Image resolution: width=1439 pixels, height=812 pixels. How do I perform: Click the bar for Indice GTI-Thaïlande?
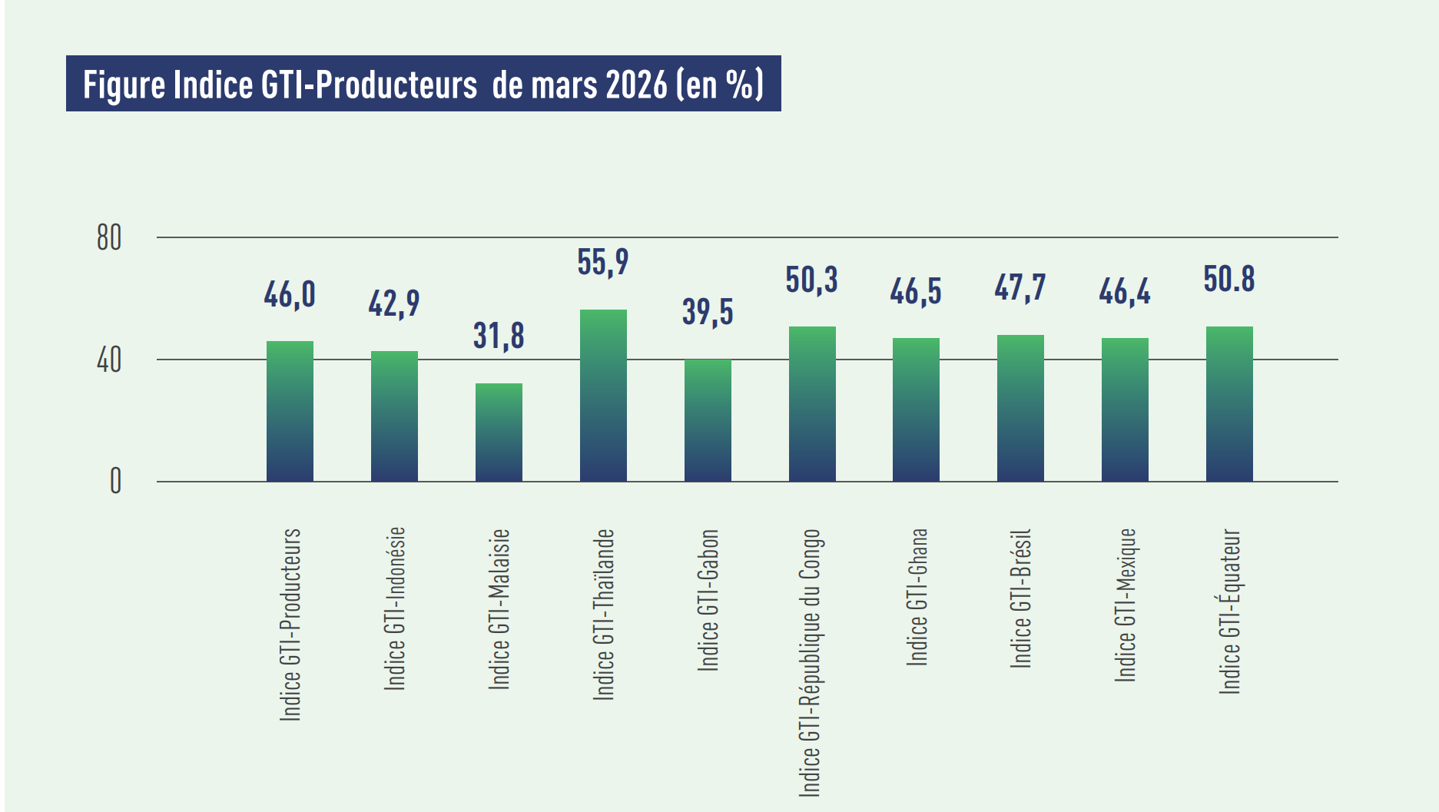(603, 396)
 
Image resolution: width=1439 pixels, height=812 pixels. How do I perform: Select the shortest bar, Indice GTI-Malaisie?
(499, 433)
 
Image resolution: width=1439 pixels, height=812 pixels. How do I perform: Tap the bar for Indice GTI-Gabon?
(708, 420)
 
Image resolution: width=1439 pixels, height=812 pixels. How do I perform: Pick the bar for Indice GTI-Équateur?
(1229, 404)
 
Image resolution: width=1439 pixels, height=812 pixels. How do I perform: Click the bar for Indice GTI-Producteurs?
(290, 411)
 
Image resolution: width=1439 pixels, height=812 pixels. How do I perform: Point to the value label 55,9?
(603, 263)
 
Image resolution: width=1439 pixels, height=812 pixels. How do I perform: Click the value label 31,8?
(499, 336)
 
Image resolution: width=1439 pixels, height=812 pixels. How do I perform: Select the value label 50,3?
(811, 280)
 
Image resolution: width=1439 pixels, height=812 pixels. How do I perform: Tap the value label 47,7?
(1020, 288)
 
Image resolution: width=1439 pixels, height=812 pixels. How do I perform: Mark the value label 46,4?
(1125, 292)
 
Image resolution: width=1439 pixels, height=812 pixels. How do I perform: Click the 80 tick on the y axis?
(109, 238)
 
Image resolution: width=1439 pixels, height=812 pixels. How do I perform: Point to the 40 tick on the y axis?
(109, 360)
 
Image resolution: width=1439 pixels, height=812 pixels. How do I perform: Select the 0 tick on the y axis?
(115, 482)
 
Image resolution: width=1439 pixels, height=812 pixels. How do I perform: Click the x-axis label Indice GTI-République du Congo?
(811, 662)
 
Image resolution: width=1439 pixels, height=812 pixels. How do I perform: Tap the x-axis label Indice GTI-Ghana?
(917, 597)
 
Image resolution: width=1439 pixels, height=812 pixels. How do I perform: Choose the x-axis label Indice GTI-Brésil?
(1020, 598)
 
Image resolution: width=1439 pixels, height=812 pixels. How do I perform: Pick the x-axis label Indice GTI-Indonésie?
(394, 608)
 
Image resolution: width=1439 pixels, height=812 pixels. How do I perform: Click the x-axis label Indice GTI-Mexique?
(1126, 605)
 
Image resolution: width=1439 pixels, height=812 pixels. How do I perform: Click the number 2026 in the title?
(637, 85)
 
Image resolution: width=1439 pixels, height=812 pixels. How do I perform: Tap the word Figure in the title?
(124, 85)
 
